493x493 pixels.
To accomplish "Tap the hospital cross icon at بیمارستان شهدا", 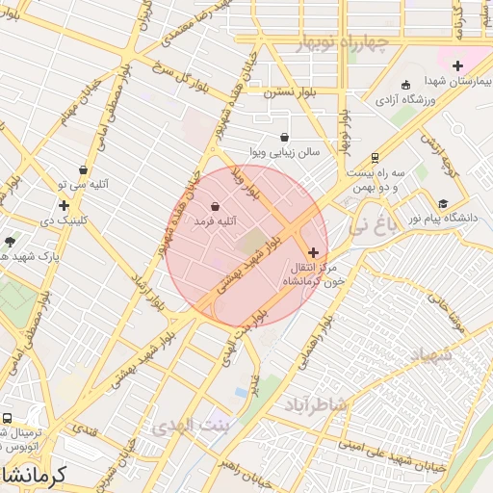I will [458, 65].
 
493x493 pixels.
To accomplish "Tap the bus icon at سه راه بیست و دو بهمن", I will [375, 158].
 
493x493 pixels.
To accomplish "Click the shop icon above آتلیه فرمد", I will [214, 206].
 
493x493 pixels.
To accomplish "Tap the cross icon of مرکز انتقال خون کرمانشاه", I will [313, 252].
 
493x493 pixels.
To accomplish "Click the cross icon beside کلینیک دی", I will [64, 205].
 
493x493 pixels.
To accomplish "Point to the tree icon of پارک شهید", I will [10, 242].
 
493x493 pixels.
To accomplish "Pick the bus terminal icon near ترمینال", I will [8, 419].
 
